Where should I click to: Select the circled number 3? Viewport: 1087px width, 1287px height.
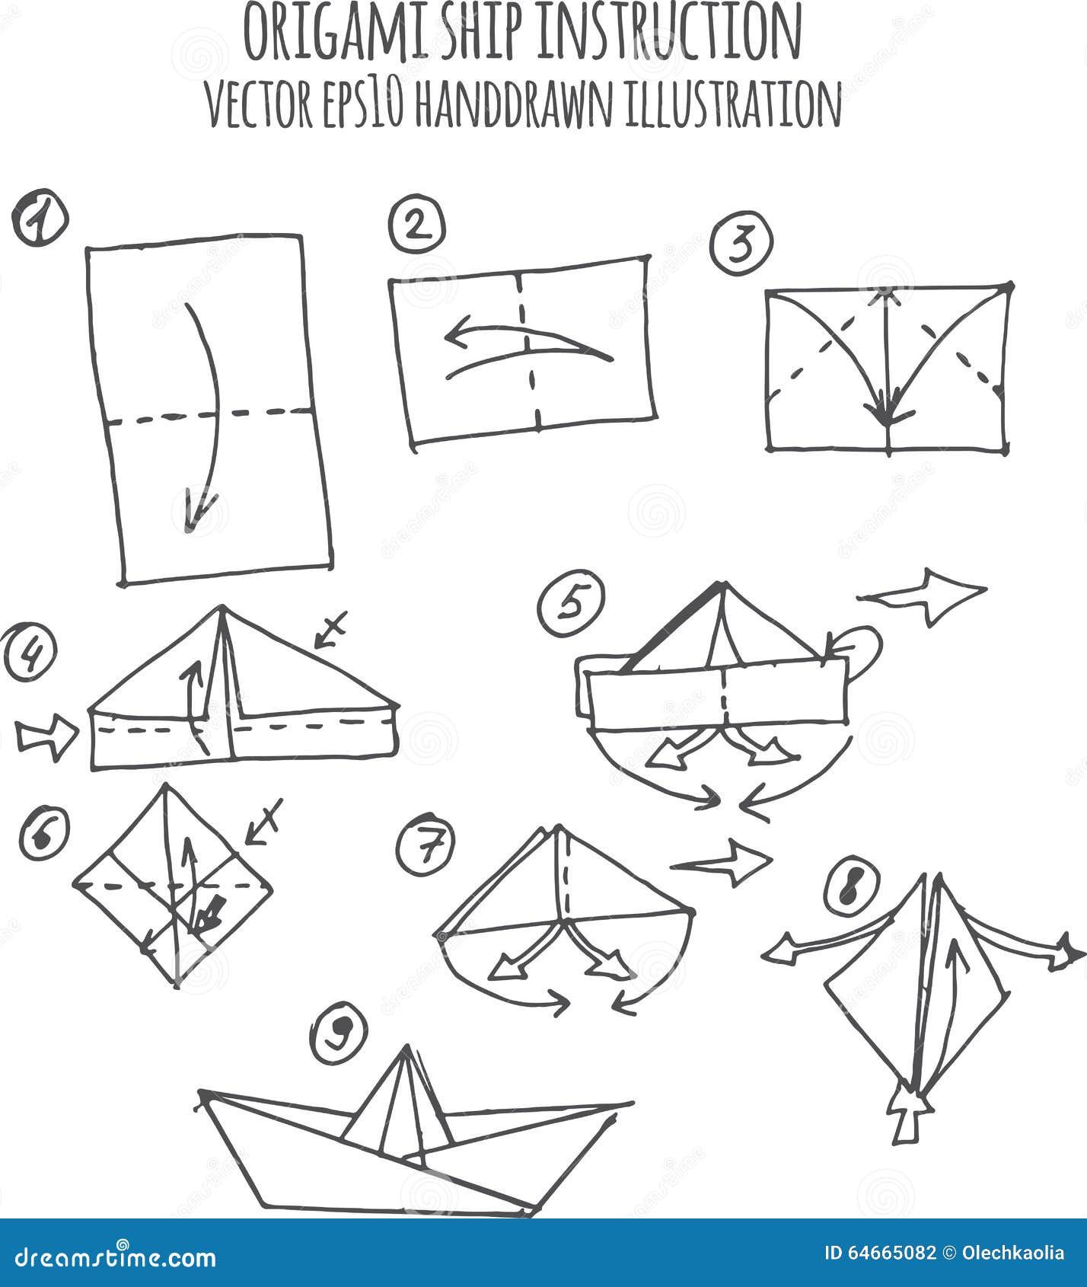pyautogui.click(x=741, y=243)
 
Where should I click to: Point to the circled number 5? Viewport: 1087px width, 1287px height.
pyautogui.click(x=570, y=605)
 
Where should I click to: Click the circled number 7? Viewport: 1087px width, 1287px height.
pyautogui.click(x=426, y=845)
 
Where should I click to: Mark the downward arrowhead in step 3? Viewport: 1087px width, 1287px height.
pyautogui.click(x=886, y=414)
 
